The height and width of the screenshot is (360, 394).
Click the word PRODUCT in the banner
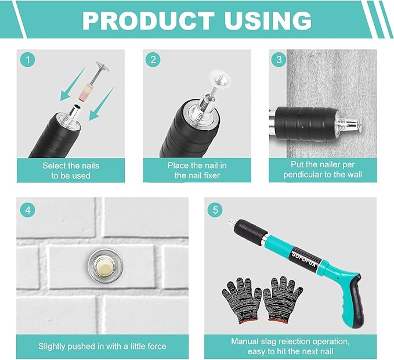148,21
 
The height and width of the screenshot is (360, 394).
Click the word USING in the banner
268,21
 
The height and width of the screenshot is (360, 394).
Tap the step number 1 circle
27,60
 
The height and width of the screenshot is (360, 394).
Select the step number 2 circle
153,60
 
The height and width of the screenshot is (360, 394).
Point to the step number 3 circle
279,60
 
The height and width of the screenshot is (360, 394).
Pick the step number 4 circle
28,210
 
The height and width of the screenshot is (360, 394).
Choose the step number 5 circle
215,210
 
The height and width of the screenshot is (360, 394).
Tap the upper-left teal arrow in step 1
73,85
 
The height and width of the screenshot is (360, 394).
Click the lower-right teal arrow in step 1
101,105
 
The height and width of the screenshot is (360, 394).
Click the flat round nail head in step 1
103,67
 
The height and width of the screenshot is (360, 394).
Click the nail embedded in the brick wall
106,266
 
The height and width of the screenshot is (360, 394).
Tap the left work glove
241,300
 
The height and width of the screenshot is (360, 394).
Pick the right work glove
282,298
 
